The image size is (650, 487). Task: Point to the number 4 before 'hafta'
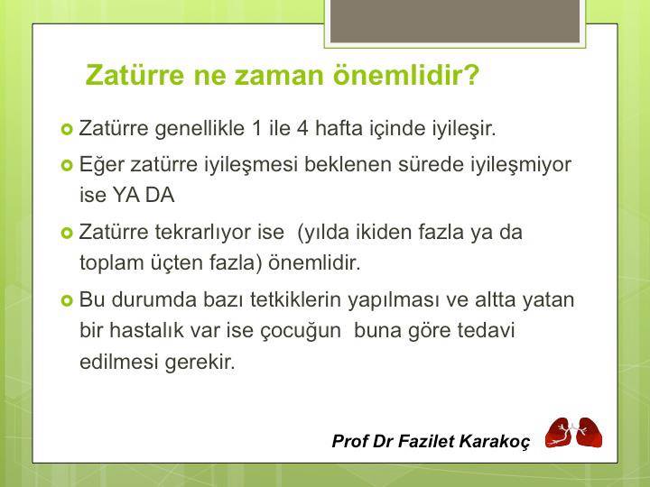coord(302,128)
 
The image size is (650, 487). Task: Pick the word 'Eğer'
coord(100,166)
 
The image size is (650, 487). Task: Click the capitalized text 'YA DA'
coord(144,195)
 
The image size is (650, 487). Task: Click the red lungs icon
coord(573,433)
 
